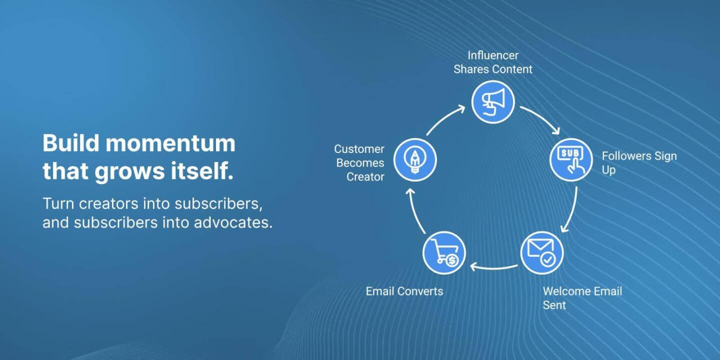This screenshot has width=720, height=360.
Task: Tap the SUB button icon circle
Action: [x=571, y=159]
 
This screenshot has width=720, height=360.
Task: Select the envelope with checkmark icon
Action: [x=541, y=252]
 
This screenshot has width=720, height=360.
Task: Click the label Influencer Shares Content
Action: [x=493, y=62]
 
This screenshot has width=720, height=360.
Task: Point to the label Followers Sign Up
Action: [x=639, y=163]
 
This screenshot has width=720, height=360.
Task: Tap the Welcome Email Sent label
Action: [x=582, y=298]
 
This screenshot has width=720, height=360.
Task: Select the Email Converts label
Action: [x=404, y=291]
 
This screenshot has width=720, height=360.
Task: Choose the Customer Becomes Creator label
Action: [x=359, y=163]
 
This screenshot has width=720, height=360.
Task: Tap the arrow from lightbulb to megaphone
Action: [x=445, y=120]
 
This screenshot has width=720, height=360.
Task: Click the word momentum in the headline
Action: [x=170, y=143]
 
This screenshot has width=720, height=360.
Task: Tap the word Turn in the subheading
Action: [x=58, y=203]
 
